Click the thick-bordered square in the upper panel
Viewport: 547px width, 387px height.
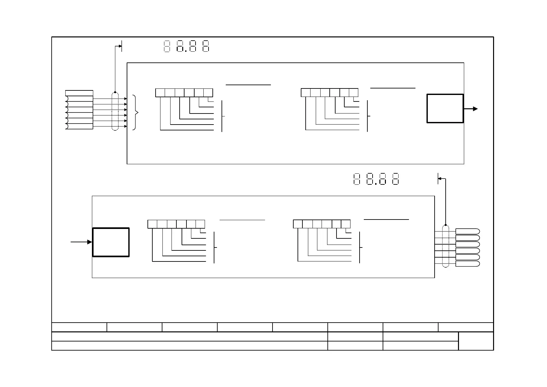[x=445, y=109]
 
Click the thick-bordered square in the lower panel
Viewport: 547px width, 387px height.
[x=111, y=242]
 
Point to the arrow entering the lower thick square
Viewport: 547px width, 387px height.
[x=82, y=242]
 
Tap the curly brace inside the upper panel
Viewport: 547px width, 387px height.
[x=136, y=113]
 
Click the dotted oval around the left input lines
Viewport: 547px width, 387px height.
[x=115, y=112]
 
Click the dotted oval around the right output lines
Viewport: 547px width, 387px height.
[x=446, y=246]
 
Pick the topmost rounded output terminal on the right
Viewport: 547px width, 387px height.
[x=467, y=231]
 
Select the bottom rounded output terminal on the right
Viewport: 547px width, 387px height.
[x=467, y=264]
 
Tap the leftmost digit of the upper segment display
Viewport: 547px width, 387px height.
[x=167, y=46]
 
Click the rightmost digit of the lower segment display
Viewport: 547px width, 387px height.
[x=395, y=179]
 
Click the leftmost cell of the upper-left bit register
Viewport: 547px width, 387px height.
[x=160, y=93]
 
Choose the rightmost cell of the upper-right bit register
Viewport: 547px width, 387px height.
[x=354, y=93]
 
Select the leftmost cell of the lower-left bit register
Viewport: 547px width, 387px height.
[x=152, y=224]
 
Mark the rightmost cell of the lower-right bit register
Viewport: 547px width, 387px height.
[x=346, y=224]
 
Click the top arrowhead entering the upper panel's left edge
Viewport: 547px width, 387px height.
[x=125, y=98]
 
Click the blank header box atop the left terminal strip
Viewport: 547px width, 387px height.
[x=79, y=93]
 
